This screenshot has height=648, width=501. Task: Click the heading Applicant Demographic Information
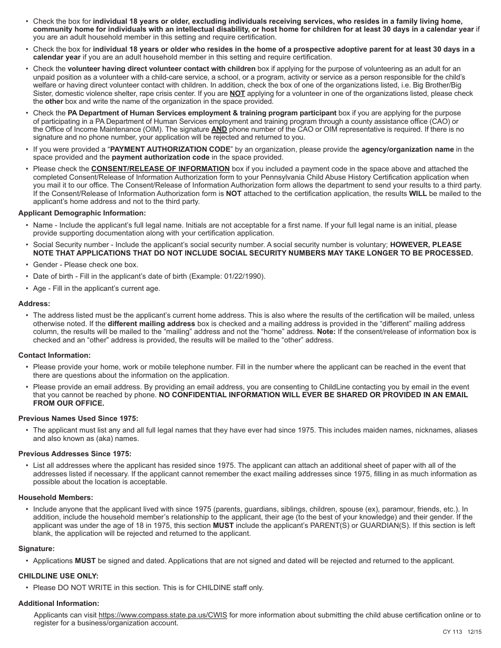point(82,213)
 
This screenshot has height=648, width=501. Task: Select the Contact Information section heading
point(54,356)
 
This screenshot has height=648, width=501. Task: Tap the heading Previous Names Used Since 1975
point(78,418)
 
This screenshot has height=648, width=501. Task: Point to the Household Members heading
point(55,497)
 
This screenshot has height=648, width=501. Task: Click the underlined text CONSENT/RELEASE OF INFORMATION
point(160,169)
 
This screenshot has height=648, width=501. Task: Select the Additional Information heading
point(59,603)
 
